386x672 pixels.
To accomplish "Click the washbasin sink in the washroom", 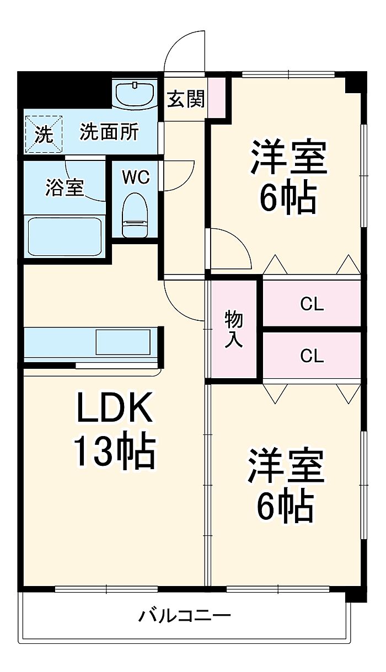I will pos(136,94).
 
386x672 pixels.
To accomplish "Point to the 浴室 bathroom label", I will pos(65,188).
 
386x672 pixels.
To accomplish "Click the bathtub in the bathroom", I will pos(65,235).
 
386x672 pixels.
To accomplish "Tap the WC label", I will pos(136,177).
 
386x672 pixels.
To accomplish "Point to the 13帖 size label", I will pos(114,451).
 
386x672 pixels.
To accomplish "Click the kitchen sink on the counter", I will pos(122,342).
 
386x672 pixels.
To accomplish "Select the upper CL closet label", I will pos(312,304).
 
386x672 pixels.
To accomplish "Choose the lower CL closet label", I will pos(312,356).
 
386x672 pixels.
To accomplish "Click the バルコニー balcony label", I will pos(184,615).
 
